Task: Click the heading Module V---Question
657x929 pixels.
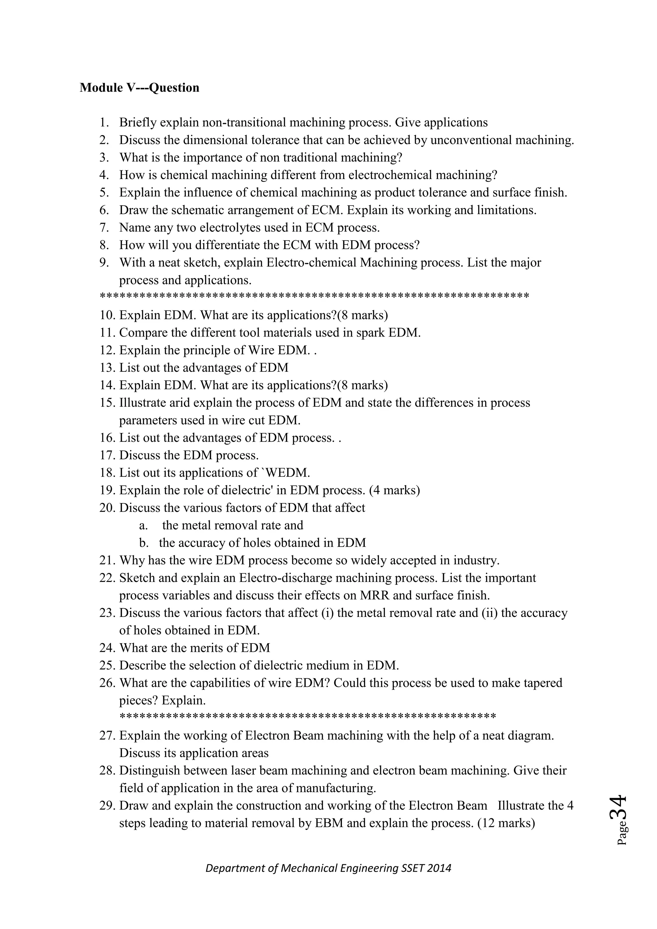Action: [x=139, y=88]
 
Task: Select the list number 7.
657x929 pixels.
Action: [x=104, y=228]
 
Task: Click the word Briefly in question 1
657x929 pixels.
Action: [x=136, y=123]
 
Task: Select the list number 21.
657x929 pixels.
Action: [x=107, y=561]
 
